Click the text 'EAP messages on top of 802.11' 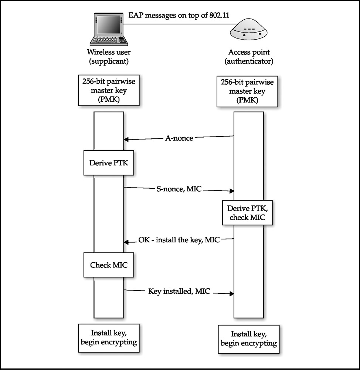[x=179, y=15]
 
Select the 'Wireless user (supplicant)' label [x=109, y=57]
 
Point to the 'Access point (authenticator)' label [x=249, y=57]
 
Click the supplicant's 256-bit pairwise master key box [x=109, y=90]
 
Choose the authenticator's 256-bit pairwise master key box [x=247, y=91]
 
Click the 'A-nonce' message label [x=179, y=138]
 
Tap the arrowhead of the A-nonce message [x=126, y=139]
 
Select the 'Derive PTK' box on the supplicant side [x=109, y=163]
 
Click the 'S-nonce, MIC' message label [x=179, y=189]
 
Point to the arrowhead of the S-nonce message [x=232, y=191]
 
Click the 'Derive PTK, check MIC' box [x=247, y=213]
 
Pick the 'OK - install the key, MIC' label [x=179, y=240]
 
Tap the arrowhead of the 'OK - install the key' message [x=126, y=242]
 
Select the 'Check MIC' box [x=109, y=265]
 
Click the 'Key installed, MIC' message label [x=179, y=291]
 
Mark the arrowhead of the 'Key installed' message [x=232, y=293]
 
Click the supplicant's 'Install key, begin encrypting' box [x=109, y=338]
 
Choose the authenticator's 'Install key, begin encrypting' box [x=248, y=339]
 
